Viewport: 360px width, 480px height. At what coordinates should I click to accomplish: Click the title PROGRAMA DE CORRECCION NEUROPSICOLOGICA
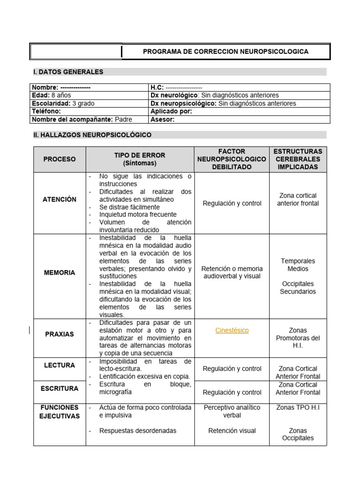(x=225, y=52)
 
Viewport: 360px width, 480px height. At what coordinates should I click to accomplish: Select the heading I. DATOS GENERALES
(x=68, y=72)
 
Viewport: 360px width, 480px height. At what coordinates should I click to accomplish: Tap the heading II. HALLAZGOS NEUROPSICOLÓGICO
(x=92, y=135)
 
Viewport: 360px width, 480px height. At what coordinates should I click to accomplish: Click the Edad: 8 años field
(x=51, y=95)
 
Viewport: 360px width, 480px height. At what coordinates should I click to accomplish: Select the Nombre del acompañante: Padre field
(x=82, y=119)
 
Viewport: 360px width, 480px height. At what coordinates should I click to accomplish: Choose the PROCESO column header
(x=60, y=159)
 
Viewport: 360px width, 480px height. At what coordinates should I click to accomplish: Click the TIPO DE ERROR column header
(x=140, y=159)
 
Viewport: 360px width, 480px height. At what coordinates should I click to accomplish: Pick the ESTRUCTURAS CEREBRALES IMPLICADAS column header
(x=298, y=159)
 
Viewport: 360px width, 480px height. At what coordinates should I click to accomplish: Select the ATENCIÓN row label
(x=60, y=199)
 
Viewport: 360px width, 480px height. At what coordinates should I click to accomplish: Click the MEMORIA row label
(x=60, y=272)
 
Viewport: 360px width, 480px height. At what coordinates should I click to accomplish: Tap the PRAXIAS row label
(x=60, y=334)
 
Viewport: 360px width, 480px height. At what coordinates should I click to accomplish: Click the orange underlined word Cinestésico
(x=232, y=330)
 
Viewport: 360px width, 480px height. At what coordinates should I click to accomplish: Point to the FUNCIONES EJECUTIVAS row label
(x=60, y=412)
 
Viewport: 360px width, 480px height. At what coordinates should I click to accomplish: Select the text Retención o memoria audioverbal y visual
(x=232, y=272)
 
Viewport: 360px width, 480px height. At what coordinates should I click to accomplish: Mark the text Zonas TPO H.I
(x=298, y=408)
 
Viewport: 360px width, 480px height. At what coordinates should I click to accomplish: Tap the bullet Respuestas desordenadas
(x=138, y=430)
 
